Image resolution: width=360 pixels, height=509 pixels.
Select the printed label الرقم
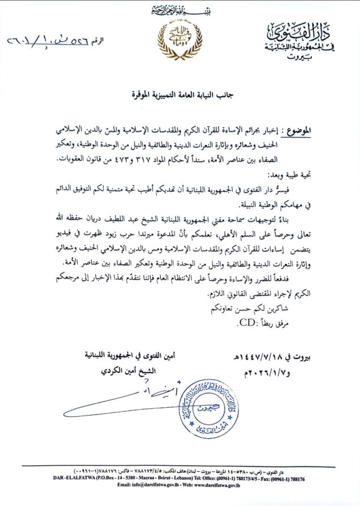tap(98, 41)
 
